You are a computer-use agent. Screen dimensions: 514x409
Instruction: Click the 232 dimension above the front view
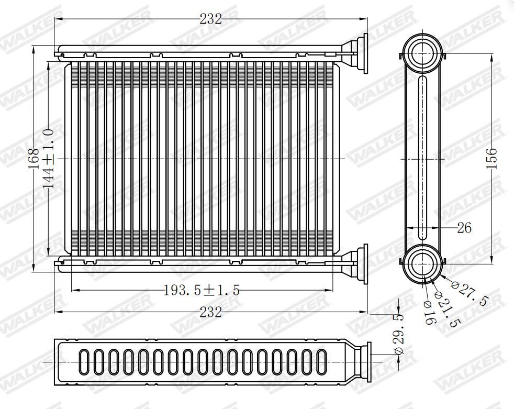pyautogui.click(x=211, y=19)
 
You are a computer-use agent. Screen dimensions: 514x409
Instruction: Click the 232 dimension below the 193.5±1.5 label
pyautogui.click(x=211, y=312)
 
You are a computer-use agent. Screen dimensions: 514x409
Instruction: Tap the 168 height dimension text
pyautogui.click(x=33, y=159)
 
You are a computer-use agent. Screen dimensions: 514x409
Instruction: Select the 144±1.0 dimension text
pyautogui.click(x=49, y=159)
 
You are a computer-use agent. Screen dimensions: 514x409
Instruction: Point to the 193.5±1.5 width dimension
pyautogui.click(x=202, y=290)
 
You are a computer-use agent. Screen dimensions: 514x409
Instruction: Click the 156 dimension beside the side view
pyautogui.click(x=491, y=159)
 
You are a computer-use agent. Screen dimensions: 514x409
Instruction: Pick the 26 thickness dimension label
pyautogui.click(x=464, y=228)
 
